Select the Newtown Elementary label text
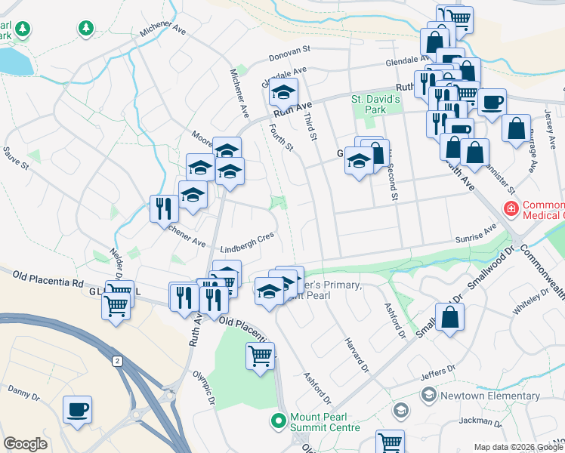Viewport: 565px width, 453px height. click(490, 396)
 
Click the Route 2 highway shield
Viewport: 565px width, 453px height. click(117, 361)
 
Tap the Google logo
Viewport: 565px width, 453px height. click(25, 444)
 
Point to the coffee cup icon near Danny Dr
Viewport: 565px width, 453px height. click(77, 411)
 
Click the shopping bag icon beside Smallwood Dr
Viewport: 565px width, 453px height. click(449, 319)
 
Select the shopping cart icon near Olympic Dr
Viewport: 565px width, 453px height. click(260, 355)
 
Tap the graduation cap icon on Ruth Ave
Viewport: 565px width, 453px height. click(283, 95)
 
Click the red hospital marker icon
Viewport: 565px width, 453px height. click(511, 208)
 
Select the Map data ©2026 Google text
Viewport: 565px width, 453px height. click(517, 446)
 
